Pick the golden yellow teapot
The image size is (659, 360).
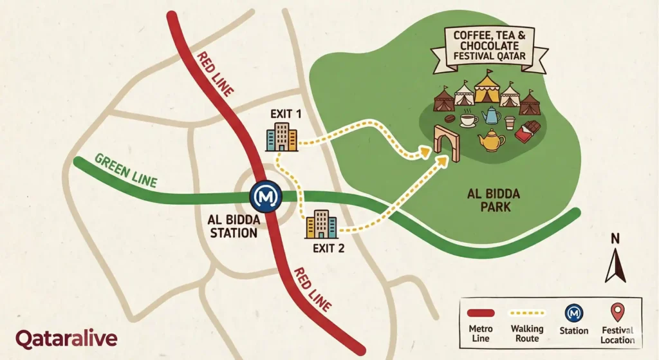tap(491, 140)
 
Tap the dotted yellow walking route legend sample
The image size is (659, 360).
tap(527, 314)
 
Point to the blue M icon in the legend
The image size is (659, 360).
tap(573, 313)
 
